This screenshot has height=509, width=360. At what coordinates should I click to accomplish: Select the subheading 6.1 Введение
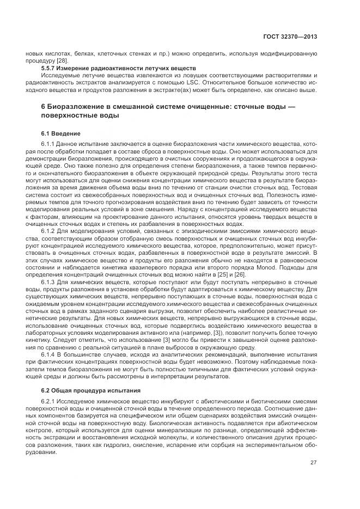click(61, 133)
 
